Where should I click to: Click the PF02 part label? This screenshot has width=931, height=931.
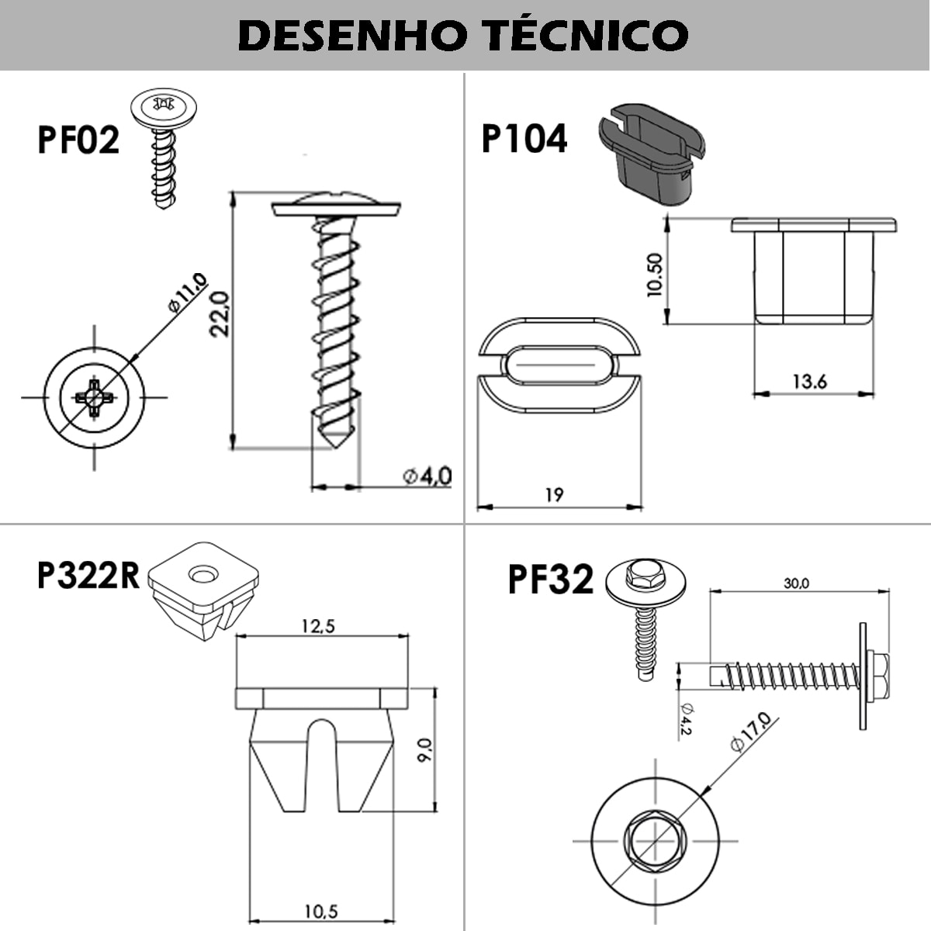(78, 140)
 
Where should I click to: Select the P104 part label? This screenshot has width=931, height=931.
(524, 139)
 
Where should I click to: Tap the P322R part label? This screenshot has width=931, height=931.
(88, 576)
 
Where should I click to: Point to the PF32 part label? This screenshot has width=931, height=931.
(551, 580)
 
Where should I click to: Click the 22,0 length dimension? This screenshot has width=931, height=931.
(221, 313)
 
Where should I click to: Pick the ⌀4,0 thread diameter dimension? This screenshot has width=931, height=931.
(427, 475)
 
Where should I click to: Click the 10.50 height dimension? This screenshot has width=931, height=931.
(654, 275)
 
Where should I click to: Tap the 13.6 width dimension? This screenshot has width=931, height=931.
(809, 381)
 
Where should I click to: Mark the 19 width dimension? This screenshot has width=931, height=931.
(554, 494)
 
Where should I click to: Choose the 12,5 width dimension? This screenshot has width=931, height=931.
(318, 625)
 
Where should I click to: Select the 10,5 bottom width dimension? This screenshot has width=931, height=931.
(320, 912)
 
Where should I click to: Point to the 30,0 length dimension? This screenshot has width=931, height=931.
(796, 583)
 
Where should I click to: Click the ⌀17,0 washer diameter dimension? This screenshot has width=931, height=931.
(751, 732)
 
